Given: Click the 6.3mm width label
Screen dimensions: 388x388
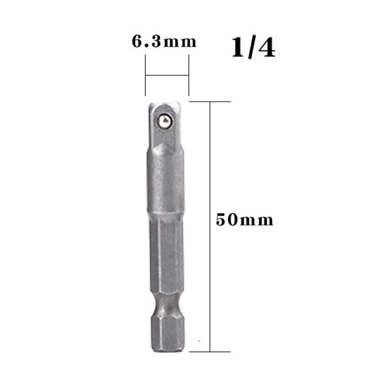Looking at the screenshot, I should (x=164, y=41).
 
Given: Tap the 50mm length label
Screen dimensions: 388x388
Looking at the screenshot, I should (x=244, y=220).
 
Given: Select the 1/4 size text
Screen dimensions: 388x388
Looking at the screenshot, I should (x=253, y=48).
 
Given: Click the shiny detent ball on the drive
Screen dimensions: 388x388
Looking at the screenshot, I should (x=165, y=121).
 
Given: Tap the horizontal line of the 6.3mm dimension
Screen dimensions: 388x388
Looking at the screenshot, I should (x=167, y=75).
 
